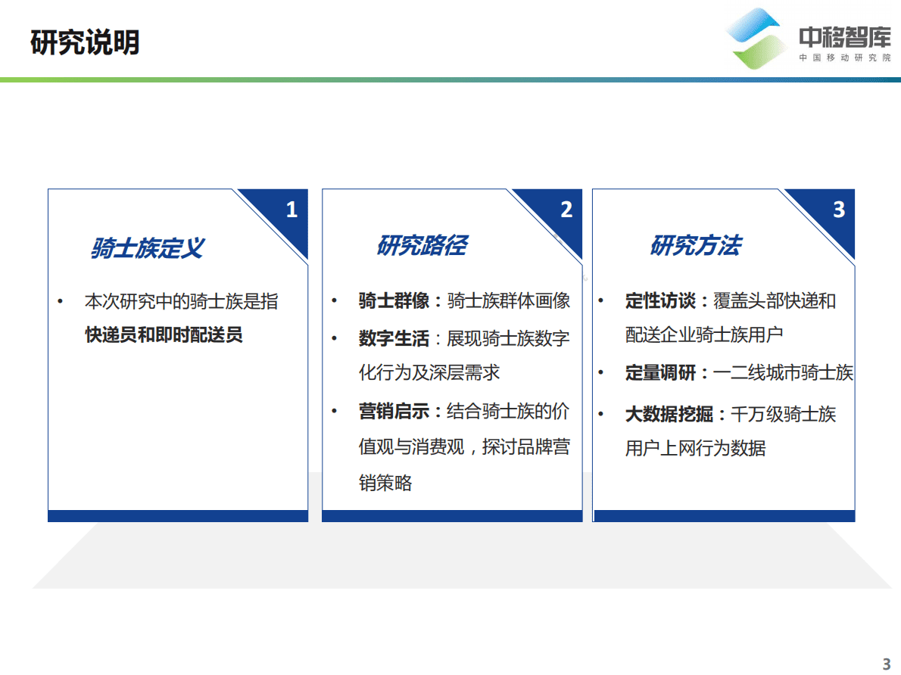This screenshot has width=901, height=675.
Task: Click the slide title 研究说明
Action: [86, 42]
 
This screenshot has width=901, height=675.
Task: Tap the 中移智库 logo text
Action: [845, 37]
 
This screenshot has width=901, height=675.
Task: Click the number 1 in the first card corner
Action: [291, 210]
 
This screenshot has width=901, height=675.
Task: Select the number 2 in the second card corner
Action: [566, 210]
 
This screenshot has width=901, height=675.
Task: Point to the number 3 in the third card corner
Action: [838, 210]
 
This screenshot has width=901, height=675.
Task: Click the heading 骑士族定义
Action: [147, 247]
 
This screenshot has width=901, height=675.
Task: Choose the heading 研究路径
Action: [422, 245]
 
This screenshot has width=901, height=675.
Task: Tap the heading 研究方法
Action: [695, 245]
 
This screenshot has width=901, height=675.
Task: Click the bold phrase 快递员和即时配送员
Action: [164, 334]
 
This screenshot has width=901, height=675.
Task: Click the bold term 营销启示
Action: [394, 412]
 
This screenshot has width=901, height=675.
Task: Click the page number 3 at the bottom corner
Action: [887, 664]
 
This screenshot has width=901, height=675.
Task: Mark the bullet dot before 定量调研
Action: [601, 372]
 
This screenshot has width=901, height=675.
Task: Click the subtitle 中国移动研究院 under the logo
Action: [845, 58]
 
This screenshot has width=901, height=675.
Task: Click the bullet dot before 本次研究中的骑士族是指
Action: [61, 301]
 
